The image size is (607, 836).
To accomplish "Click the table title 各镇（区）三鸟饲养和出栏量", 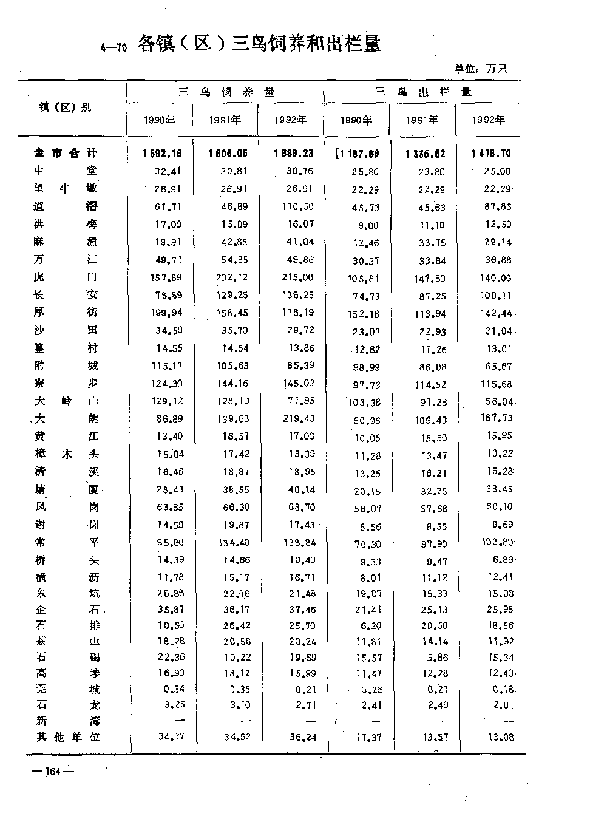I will tap(259, 44).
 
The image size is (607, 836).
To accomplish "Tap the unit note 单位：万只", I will tap(481, 68).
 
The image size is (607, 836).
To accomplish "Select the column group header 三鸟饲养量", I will tap(225, 92).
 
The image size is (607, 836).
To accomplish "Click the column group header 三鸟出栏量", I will tap(422, 92).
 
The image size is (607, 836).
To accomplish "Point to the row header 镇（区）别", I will tap(66, 107).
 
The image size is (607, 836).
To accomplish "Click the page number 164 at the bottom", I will tap(54, 772).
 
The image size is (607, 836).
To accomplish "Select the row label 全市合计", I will tap(66, 154).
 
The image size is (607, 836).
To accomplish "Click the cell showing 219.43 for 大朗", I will tap(297, 419).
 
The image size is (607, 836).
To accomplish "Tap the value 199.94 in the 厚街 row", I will tap(166, 313).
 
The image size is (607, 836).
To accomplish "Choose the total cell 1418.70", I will tap(492, 154).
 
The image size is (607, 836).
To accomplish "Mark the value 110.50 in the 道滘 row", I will tap(297, 207).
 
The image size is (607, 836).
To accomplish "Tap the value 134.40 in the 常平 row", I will tap(231, 542).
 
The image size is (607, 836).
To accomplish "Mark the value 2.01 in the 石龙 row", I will tap(502, 705).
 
